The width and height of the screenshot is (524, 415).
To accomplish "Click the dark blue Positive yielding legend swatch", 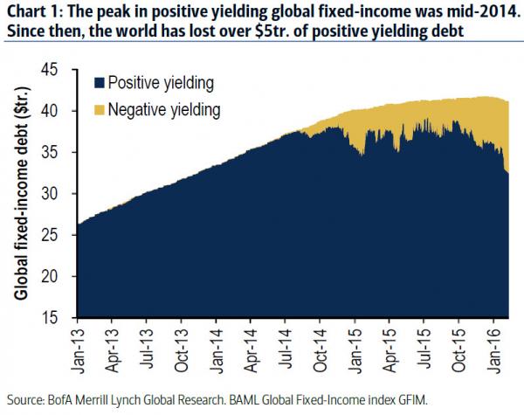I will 100,83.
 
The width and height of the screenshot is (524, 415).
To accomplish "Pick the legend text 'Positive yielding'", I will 158,83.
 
